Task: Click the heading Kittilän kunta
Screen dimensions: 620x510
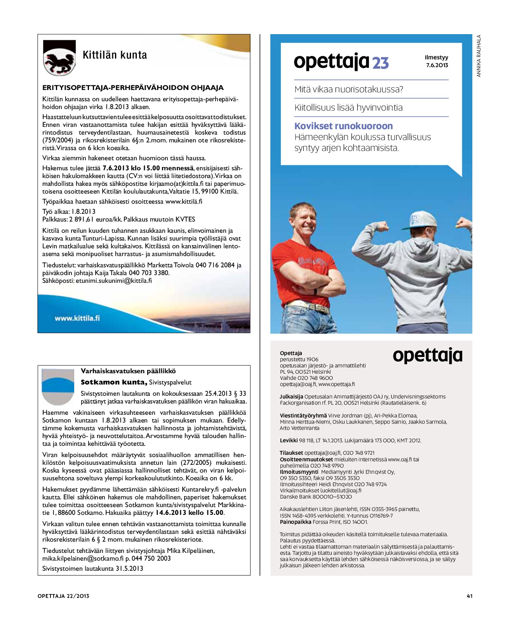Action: tap(115, 55)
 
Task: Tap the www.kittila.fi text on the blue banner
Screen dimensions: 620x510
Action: tap(77, 318)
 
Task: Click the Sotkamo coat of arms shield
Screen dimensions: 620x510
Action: tap(57, 386)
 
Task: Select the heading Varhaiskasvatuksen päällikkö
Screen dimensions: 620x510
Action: tap(128, 371)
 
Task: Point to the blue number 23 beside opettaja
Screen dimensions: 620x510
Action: tap(380, 63)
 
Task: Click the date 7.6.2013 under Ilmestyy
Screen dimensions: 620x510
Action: tap(437, 65)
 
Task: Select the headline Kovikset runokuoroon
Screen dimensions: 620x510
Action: tap(343, 126)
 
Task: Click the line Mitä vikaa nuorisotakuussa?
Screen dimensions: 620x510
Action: tap(348, 90)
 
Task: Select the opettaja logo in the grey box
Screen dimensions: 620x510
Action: tap(427, 355)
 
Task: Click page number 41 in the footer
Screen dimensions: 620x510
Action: tap(469, 596)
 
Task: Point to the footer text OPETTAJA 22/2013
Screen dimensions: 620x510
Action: tap(63, 596)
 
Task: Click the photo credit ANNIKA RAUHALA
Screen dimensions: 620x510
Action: tap(479, 56)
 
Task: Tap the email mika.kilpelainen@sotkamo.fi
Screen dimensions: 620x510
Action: tap(83, 558)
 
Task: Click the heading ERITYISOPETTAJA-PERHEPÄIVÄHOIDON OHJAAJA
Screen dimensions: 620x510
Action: tap(133, 88)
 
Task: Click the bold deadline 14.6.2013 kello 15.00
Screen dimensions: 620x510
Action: tap(190, 513)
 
